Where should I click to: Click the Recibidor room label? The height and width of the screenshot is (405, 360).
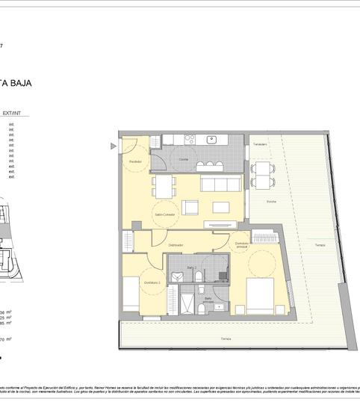click(x=135, y=161)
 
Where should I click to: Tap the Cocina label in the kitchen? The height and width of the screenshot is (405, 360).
click(x=183, y=159)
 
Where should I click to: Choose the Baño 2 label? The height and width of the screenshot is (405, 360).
click(x=191, y=267)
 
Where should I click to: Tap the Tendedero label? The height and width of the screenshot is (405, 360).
click(x=259, y=144)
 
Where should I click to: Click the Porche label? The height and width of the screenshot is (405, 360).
click(x=261, y=202)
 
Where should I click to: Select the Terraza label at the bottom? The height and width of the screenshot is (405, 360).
click(x=226, y=338)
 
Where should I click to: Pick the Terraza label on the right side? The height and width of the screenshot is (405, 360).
click(x=319, y=246)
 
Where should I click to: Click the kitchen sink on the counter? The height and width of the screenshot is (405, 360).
click(x=212, y=139)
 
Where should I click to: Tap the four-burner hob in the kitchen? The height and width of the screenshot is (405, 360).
click(x=190, y=139)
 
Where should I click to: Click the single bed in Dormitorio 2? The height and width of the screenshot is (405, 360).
click(x=131, y=293)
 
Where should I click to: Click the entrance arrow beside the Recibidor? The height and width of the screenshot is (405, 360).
click(x=114, y=146)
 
